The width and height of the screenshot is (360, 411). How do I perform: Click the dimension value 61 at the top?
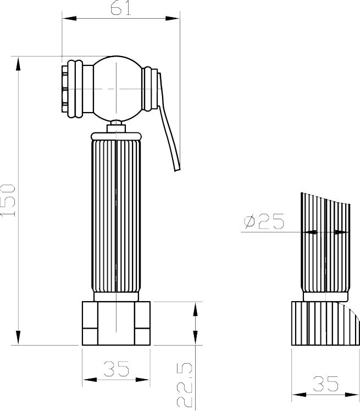coord(120,9)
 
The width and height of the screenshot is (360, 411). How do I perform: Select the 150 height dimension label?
coord(8,201)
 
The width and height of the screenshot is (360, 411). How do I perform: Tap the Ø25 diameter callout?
coord(264,221)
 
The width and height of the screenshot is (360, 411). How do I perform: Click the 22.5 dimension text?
coord(185,385)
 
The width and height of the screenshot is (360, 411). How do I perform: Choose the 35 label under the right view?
coord(326,384)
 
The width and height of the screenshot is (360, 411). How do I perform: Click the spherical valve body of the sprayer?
coord(117,88)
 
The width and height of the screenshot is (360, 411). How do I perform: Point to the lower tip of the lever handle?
coord(178,170)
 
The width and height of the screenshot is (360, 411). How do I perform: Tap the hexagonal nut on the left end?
coord(65,88)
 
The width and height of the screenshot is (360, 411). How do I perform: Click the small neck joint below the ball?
coord(116,126)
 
